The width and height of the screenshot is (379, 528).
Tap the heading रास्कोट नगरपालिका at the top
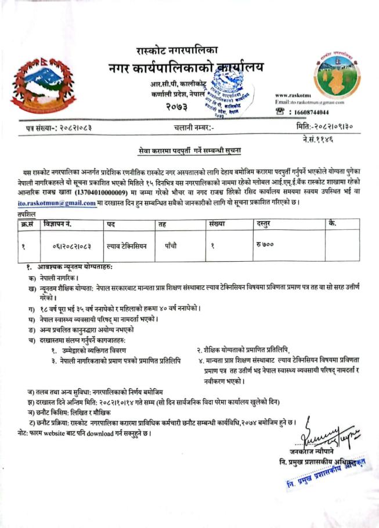click(x=178, y=51)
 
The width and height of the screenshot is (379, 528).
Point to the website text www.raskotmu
click(x=293, y=95)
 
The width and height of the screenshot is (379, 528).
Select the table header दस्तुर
click(x=265, y=224)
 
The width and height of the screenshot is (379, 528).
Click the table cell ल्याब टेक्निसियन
click(x=127, y=245)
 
